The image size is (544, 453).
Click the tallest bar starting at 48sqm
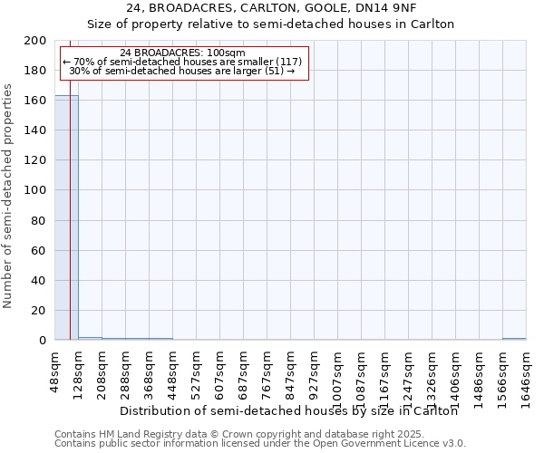pos(66,217)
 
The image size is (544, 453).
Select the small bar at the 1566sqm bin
pos(514,339)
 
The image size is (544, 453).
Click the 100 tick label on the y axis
pos(35,190)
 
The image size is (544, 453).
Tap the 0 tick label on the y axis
pos(43,341)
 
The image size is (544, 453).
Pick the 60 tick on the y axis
pos(39,251)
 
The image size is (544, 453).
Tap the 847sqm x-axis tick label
pos(290,371)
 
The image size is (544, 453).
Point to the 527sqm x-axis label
pos(196,371)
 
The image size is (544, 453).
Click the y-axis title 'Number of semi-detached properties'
pos(8,196)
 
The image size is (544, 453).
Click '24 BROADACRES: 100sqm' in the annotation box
pos(182,53)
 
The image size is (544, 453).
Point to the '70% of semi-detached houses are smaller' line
pos(182,62)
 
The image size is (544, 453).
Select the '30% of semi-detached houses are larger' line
pos(182,71)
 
